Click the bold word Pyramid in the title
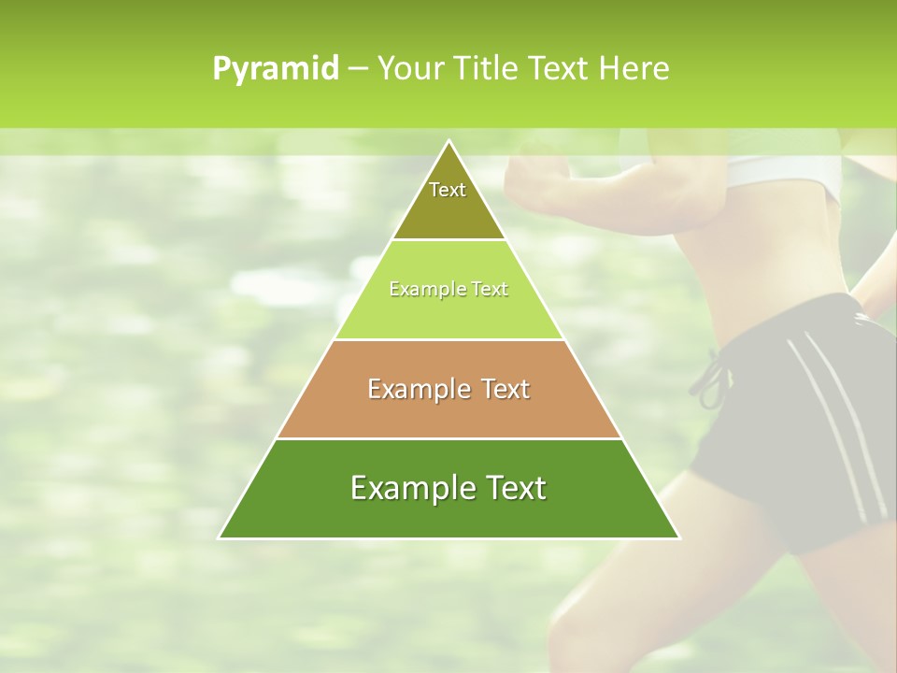[x=276, y=69]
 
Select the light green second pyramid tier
[x=448, y=314]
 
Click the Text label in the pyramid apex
[x=448, y=190]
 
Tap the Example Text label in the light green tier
[x=448, y=289]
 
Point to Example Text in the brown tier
[x=448, y=389]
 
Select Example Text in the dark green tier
[x=448, y=488]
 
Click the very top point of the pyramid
[x=448, y=142]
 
